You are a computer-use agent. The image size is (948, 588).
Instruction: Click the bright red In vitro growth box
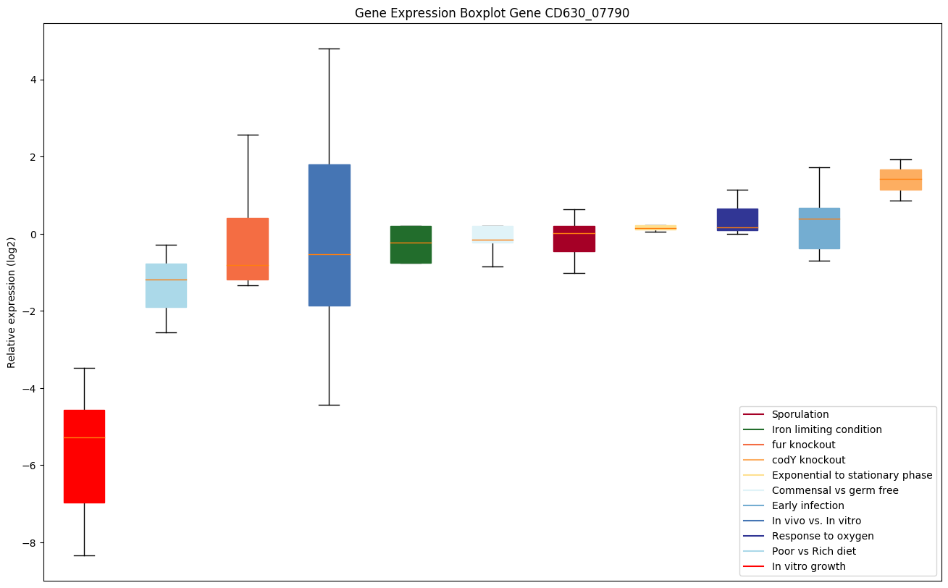84,456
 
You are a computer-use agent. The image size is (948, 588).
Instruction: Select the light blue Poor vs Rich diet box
166,285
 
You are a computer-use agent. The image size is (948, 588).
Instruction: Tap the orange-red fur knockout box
248,248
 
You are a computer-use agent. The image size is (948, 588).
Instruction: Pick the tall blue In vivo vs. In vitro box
330,235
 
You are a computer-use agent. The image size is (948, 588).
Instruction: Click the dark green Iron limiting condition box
411,244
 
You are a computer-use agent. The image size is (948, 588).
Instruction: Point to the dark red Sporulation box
574,238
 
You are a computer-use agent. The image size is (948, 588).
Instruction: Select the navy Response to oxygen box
737,219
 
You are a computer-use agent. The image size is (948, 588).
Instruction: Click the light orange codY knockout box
900,180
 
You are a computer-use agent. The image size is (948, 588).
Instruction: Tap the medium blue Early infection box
819,228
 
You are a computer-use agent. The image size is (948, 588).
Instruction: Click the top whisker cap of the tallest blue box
330,49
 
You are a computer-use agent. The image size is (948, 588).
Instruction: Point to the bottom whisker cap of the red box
84,555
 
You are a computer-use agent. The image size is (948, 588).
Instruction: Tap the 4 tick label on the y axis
33,80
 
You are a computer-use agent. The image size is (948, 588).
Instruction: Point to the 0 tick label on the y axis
33,234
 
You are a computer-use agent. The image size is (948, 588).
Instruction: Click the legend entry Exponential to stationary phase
852,475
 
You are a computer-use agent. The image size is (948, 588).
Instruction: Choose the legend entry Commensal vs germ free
834,490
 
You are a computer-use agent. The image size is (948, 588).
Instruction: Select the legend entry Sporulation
800,414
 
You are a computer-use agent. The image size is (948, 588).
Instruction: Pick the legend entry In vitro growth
808,566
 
